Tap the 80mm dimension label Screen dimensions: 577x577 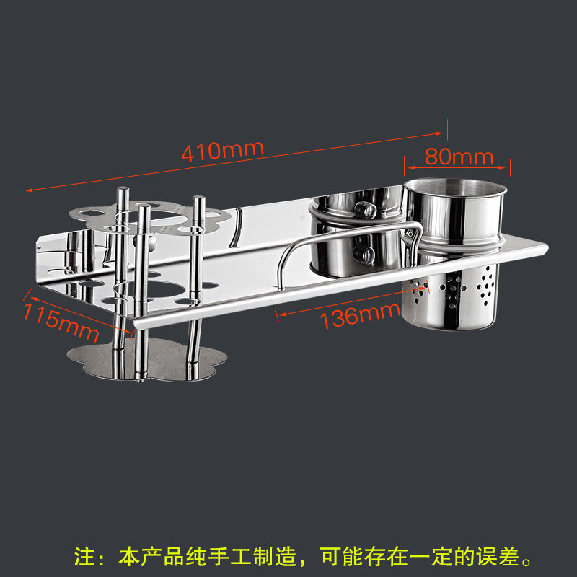459,156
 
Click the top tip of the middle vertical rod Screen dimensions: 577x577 144,210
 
